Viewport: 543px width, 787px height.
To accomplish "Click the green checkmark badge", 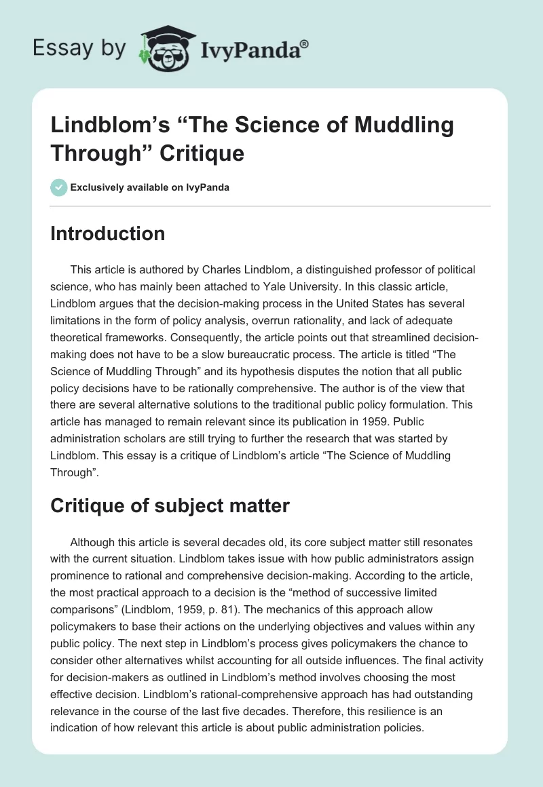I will pyautogui.click(x=59, y=187).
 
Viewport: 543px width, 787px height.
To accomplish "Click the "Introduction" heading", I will pyautogui.click(x=107, y=234).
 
